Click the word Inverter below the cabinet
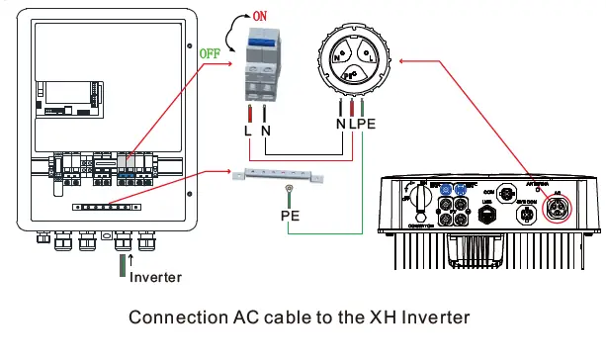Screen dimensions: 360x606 155,277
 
